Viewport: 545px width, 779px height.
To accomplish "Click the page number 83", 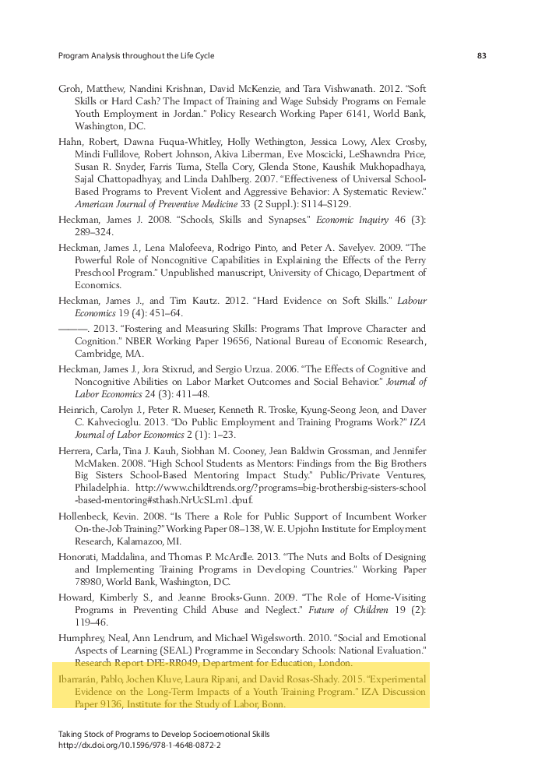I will tap(481, 55).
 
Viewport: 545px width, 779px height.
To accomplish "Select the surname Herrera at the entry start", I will tap(76, 451).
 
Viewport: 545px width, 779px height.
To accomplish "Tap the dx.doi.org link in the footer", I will tap(140, 746).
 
